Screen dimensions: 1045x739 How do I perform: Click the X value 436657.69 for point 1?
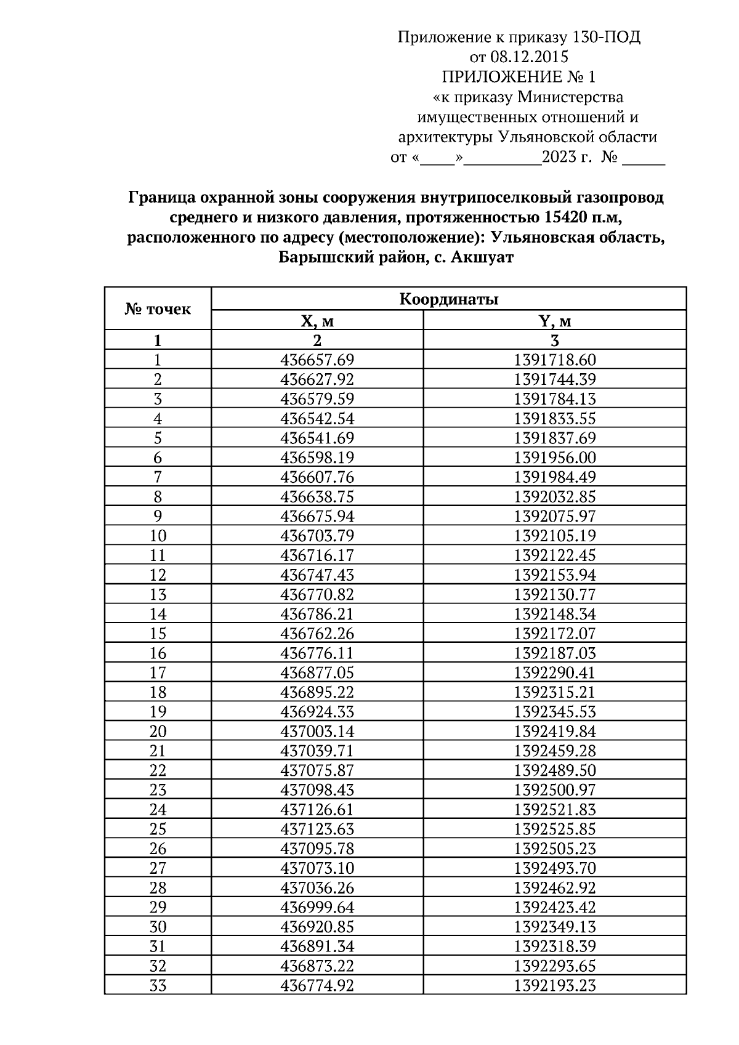coord(317,360)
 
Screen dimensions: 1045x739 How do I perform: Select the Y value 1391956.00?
coord(555,458)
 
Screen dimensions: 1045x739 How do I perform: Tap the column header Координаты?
coord(448,299)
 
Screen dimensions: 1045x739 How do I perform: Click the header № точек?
coord(158,309)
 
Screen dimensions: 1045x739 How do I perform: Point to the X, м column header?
coord(317,321)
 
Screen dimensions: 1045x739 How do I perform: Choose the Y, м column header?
coord(555,321)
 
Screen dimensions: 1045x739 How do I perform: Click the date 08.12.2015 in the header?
coord(529,57)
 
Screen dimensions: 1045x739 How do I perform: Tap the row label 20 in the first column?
coord(158,732)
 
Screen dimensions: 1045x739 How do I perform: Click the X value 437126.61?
coord(317,810)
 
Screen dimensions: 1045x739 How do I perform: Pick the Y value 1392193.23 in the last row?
coord(555,985)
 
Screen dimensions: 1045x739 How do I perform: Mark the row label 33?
coord(158,985)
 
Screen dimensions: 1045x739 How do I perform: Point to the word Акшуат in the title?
coord(482,257)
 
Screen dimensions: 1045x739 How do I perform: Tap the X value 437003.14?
coord(317,732)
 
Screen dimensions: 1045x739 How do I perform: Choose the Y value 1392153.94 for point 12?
coord(555,575)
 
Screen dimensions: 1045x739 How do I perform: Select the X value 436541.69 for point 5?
coord(317,438)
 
